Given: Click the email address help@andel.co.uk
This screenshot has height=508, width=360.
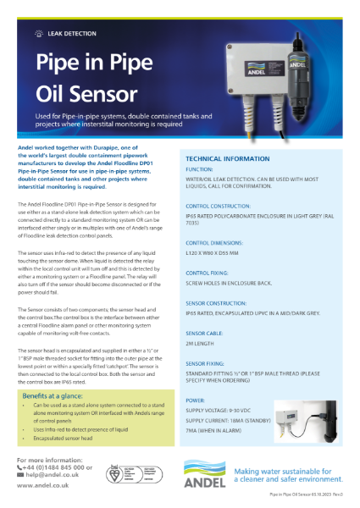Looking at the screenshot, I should tap(53, 476).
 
